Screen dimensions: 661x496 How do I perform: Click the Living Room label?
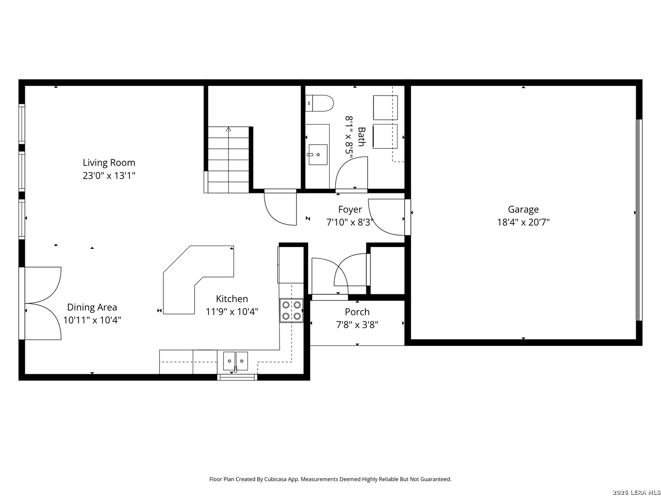point(109,163)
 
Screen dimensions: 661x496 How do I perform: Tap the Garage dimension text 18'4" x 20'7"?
point(523,222)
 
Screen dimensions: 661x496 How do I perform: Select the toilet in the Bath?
point(319,103)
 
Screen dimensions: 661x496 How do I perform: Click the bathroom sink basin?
point(318,154)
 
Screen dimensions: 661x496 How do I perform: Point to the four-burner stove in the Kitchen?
point(291,310)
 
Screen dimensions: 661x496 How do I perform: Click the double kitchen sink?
point(235,361)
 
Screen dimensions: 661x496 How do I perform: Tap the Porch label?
point(357,312)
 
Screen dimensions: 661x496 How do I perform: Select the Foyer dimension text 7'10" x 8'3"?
point(350,222)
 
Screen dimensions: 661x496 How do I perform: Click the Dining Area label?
point(92,307)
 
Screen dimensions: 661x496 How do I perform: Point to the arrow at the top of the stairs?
point(228,130)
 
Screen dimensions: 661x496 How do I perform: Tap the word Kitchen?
point(232,299)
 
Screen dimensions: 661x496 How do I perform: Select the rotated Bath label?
point(361,137)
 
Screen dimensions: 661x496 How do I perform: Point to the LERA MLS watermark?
point(636,492)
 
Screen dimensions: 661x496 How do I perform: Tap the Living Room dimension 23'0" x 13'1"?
point(109,175)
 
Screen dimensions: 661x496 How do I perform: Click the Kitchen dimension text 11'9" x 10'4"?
point(232,312)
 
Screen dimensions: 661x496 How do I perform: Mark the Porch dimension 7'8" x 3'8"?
point(357,325)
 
